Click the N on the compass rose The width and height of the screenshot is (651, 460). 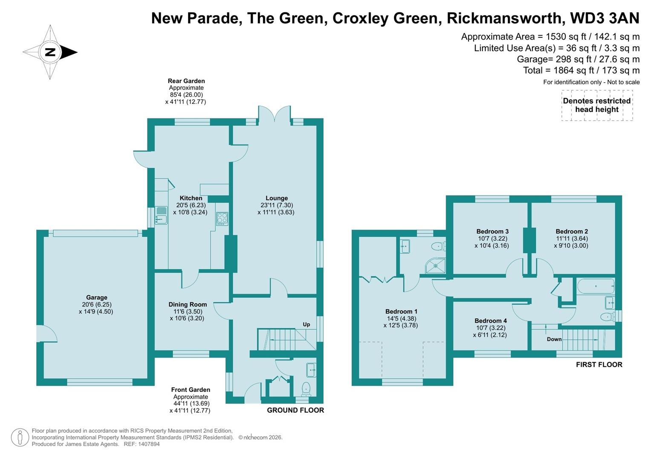[x=50, y=52]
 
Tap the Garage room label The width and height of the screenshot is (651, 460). [x=96, y=298]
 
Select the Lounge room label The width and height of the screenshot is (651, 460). [x=276, y=198]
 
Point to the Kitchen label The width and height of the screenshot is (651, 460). [x=191, y=198]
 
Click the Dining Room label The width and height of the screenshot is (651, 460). [x=188, y=305]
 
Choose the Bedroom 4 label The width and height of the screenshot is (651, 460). [x=490, y=321]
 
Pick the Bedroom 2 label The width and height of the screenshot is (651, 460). [x=571, y=232]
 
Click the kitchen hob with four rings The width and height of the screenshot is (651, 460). [x=222, y=219]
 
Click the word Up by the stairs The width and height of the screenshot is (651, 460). [x=306, y=325]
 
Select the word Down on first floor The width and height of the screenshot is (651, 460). [x=554, y=339]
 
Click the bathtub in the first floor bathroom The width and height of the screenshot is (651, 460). [x=595, y=286]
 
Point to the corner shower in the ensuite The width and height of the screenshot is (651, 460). [x=435, y=266]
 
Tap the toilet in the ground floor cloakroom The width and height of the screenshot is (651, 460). [x=306, y=388]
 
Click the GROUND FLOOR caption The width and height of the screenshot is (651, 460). [x=295, y=410]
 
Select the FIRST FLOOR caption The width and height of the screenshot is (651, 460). [x=599, y=365]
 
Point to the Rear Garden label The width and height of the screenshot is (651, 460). [x=186, y=81]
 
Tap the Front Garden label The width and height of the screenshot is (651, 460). [x=190, y=390]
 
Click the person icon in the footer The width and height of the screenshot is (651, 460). [x=20, y=437]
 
